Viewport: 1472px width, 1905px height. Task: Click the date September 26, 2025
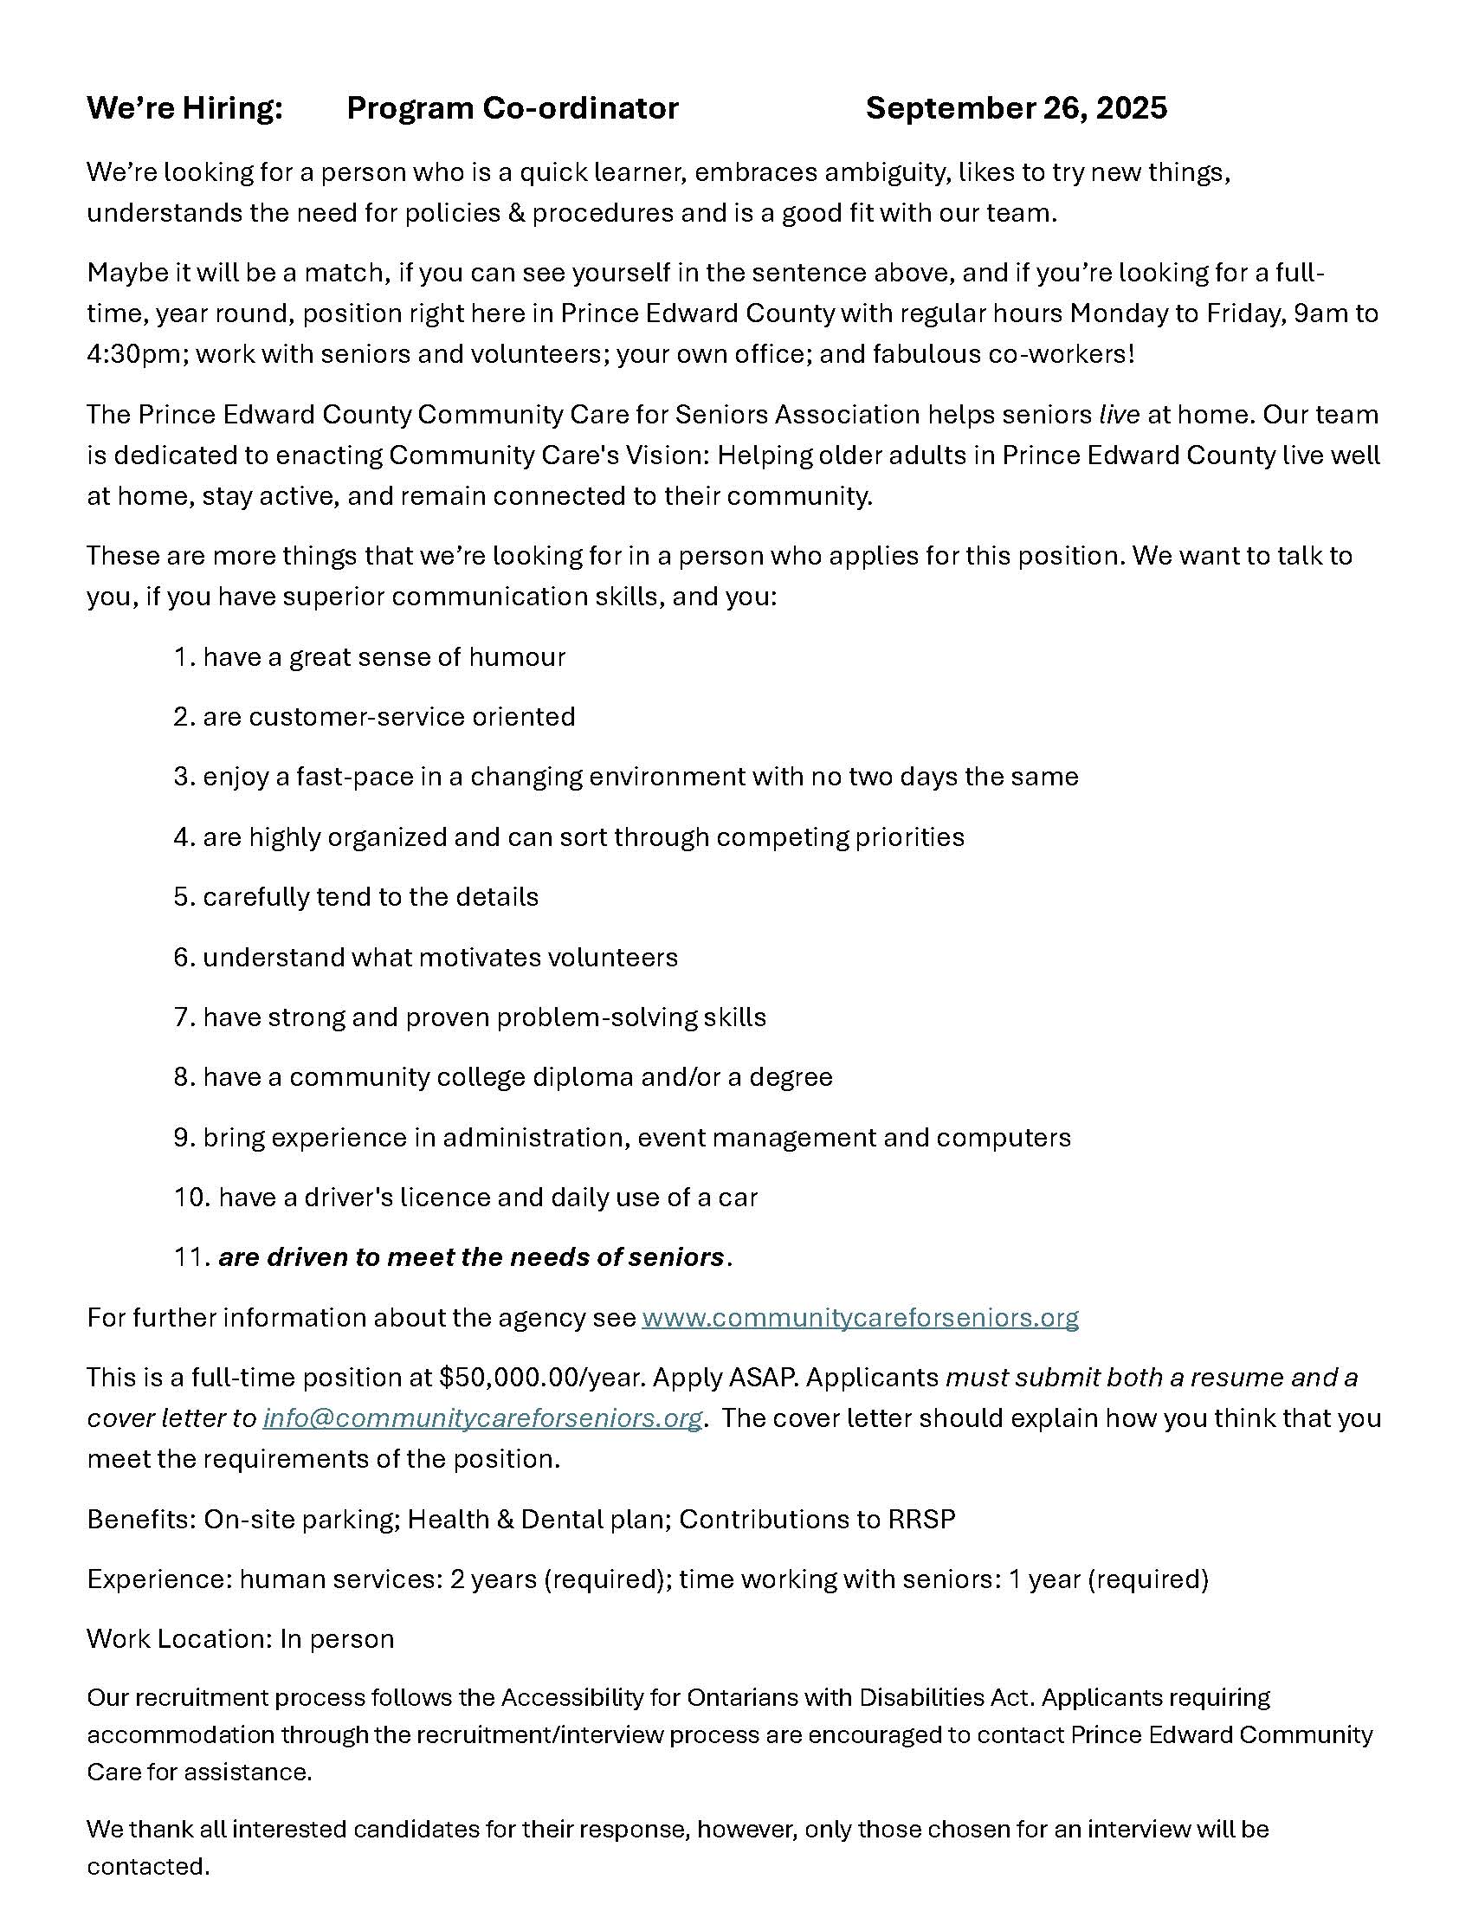(1016, 108)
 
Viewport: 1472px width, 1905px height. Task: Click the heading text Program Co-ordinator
(512, 108)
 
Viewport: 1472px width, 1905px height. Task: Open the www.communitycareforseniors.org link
(860, 1317)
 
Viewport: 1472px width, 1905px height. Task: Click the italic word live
(1119, 414)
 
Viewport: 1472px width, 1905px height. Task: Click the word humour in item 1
(517, 657)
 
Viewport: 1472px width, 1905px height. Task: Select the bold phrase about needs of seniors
(471, 1257)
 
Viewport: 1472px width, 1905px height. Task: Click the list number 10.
(191, 1197)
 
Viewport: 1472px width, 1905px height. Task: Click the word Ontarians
(744, 1697)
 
